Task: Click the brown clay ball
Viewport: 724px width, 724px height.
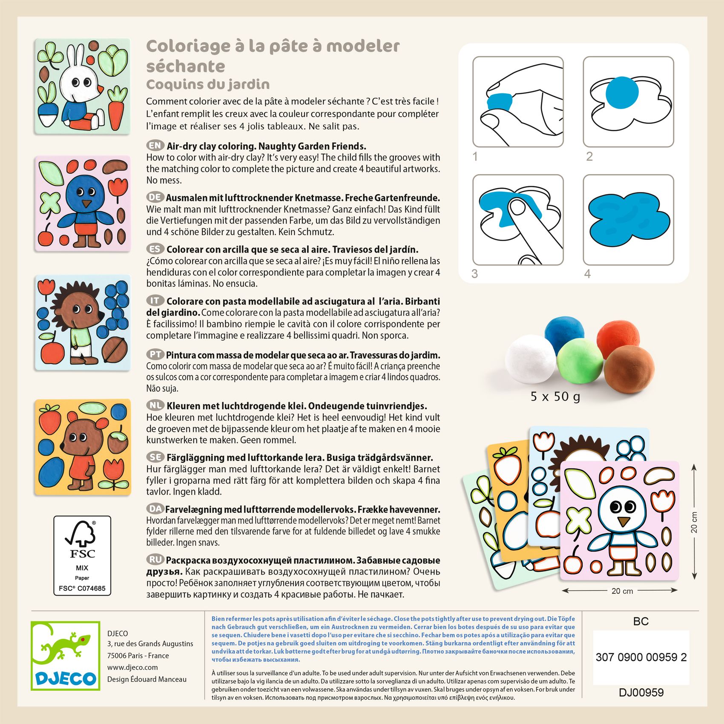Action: (629, 369)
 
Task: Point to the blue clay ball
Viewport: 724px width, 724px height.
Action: (564, 332)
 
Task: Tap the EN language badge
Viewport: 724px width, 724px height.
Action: (155, 146)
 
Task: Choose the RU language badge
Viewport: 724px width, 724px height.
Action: (155, 560)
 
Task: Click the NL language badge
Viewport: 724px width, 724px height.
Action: (155, 405)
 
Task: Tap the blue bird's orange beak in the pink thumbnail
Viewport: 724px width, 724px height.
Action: (87, 204)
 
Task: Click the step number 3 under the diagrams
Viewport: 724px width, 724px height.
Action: (475, 274)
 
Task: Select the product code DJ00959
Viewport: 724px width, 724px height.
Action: (641, 692)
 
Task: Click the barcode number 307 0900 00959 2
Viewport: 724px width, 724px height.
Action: (641, 657)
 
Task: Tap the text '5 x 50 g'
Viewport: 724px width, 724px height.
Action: (555, 397)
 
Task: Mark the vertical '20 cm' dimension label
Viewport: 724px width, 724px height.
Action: (694, 522)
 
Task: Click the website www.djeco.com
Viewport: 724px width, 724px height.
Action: (132, 667)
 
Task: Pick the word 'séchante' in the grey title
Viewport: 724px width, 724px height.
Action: (186, 66)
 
